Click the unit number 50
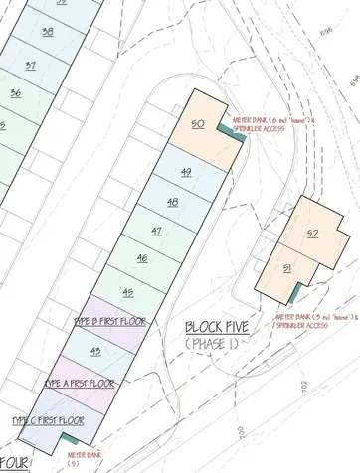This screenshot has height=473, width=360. click(198, 123)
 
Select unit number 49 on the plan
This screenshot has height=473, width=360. click(186, 172)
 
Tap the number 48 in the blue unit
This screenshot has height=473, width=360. click(172, 202)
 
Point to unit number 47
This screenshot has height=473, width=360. click(156, 231)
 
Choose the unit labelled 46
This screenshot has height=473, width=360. click(142, 258)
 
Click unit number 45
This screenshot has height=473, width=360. click(127, 292)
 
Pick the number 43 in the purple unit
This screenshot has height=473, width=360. click(95, 352)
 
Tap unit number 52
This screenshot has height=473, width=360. click(312, 235)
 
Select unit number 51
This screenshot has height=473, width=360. click(287, 269)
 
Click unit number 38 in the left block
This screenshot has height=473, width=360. click(48, 32)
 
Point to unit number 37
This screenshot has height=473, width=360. click(31, 65)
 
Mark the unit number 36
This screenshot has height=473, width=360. click(15, 93)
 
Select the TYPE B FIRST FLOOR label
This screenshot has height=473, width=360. click(109, 321)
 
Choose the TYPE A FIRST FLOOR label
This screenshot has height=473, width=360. click(80, 383)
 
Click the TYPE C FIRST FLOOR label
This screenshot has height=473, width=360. click(48, 421)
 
